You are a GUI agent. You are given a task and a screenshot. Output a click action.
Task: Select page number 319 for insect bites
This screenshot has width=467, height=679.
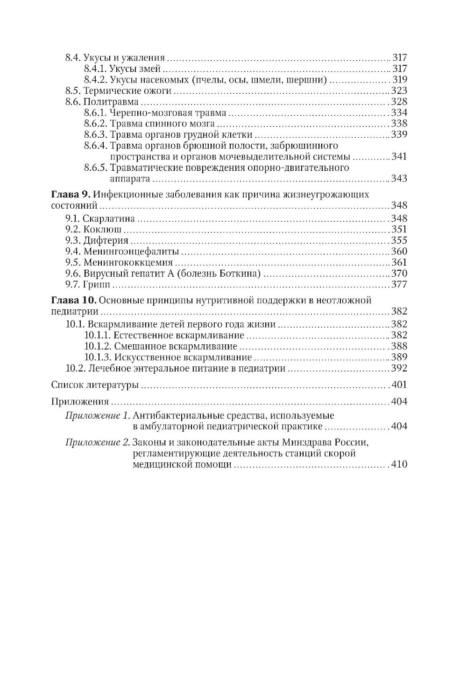400,79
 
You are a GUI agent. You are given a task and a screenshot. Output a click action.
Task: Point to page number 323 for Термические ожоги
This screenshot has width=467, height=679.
399,91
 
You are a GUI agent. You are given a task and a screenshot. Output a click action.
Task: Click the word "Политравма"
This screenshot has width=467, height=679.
111,102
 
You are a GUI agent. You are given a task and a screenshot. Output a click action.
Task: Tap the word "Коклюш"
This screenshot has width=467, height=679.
102,229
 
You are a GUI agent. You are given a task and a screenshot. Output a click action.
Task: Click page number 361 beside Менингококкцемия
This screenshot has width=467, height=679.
399,262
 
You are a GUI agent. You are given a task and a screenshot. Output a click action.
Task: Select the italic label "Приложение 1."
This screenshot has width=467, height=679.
98,415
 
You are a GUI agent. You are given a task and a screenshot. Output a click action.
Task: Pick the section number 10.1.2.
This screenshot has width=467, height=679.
98,346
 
